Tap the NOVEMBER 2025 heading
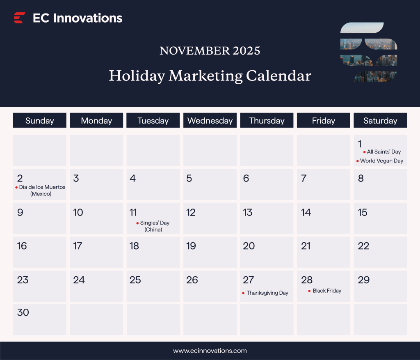pos(210,51)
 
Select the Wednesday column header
pos(210,121)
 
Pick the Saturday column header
pos(380,121)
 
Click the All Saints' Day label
pos(384,152)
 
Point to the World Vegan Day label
pos(381,161)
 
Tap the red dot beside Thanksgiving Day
pos(243,293)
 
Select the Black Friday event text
pos(327,291)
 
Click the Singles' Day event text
pos(155,223)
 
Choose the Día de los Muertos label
pos(42,187)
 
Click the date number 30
pos(23,312)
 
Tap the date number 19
pos(191,246)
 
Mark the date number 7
pos(304,178)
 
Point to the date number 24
pos(79,280)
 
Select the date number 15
pos(363,212)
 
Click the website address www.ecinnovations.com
pos(210,351)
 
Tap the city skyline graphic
pos(369,53)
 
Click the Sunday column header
pos(39,121)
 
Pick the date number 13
pos(248,212)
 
